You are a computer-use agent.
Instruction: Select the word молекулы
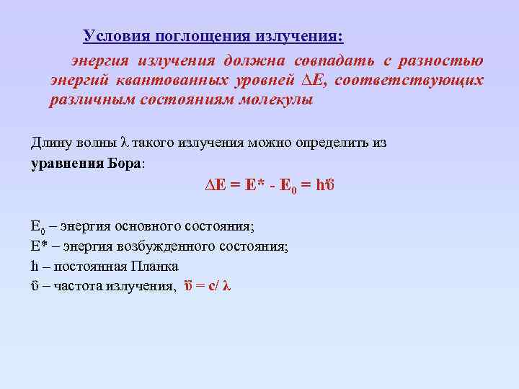tap(275, 99)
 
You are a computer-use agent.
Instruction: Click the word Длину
tap(50, 143)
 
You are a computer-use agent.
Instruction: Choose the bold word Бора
tap(126, 163)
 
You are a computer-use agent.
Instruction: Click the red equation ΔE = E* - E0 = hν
tap(267, 185)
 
